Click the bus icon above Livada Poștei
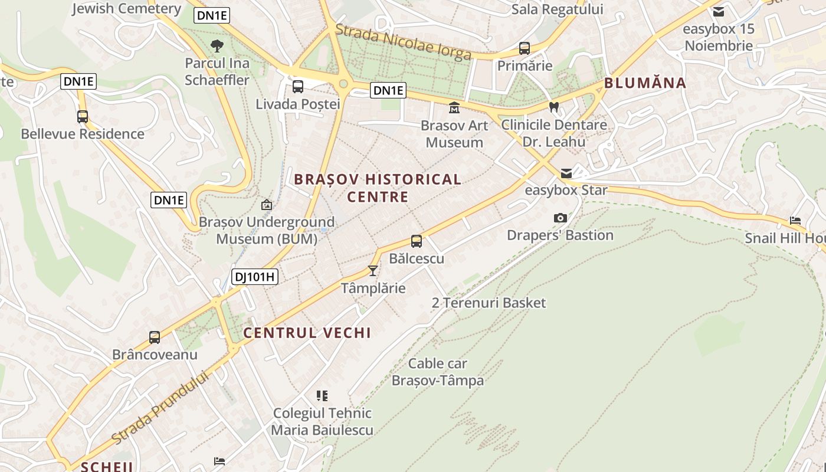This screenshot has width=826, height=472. point(298,87)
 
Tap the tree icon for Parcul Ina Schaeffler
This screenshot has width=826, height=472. point(217,45)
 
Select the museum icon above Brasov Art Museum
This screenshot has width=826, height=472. point(454,107)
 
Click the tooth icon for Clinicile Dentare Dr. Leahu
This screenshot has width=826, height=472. point(553,107)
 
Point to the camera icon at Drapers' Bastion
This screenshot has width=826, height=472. point(560,218)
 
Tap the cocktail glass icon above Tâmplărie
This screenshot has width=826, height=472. point(372,270)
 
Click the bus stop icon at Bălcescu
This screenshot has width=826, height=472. point(417,241)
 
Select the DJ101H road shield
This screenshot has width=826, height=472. point(254,276)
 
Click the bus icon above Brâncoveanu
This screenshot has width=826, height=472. point(155,337)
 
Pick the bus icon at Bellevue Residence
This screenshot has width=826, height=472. point(83,117)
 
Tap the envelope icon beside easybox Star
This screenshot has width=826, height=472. point(566,173)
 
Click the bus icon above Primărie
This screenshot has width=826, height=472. point(525,48)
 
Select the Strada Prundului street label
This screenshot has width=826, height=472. point(160,408)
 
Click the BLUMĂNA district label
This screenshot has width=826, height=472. point(645,83)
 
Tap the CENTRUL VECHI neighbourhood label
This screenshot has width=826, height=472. point(307,333)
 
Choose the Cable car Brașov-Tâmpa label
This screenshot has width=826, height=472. point(438,372)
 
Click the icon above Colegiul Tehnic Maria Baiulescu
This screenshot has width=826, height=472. point(322,395)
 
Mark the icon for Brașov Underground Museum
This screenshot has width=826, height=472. point(267,205)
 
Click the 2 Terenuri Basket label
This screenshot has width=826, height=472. point(489,303)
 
